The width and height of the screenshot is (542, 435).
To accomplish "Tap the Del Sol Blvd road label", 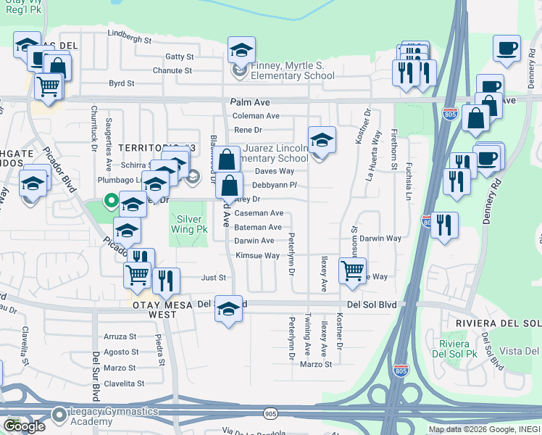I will (372, 305).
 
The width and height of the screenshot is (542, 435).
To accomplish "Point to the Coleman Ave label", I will (256, 116).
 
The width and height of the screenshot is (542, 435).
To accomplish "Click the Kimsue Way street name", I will (257, 256).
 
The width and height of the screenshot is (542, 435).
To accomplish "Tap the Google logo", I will (24, 426).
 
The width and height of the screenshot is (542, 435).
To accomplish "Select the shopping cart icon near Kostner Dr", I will (352, 271).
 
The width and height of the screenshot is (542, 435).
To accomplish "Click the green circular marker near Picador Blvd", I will (110, 200).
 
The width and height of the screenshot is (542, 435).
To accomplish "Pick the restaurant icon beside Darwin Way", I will (444, 224).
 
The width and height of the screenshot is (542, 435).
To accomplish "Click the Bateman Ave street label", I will (258, 228).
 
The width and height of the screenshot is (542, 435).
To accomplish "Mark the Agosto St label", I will (120, 352).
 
